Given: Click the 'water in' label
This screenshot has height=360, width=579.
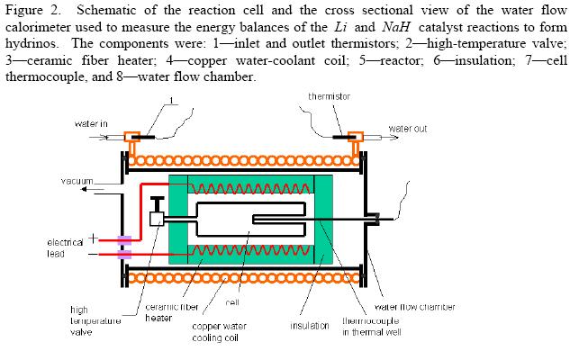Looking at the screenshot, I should (91, 123).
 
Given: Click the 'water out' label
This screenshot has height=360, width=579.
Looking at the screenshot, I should (407, 129).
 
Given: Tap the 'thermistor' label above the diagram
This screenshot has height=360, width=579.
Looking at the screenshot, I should (329, 96).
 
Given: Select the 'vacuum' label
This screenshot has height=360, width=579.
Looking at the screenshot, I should (77, 182).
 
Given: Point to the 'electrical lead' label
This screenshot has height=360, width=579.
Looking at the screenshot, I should (63, 247).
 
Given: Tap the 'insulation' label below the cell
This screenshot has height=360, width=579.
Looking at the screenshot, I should (310, 325).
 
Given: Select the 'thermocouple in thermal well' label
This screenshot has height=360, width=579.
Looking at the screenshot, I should (373, 326).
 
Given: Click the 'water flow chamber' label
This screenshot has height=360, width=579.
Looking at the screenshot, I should (414, 306).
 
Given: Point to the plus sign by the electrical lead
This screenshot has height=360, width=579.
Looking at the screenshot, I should (91, 238).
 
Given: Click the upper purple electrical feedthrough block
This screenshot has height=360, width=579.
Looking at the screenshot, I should (124, 240).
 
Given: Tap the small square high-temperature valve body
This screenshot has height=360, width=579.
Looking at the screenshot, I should (156, 219).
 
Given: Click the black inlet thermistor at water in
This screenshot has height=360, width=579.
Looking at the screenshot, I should (143, 137).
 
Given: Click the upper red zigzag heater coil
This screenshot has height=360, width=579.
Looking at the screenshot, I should (248, 188).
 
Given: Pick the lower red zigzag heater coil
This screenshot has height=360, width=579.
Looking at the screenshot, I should (248, 249).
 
